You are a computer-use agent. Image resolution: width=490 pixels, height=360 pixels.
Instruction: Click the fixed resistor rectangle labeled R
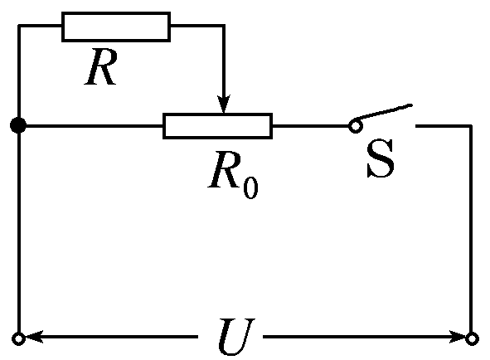pyautogui.click(x=116, y=27)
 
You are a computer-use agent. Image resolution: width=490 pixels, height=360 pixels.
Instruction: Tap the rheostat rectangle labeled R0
pyautogui.click(x=217, y=126)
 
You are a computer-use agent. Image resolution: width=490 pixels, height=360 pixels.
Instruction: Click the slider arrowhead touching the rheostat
pyautogui.click(x=222, y=105)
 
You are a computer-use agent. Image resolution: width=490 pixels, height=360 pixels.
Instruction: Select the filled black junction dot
pyautogui.click(x=18, y=126)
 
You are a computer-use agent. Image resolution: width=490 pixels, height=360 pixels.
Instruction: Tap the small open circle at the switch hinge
pyautogui.click(x=354, y=126)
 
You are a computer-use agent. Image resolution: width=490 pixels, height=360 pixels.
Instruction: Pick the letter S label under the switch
pyautogui.click(x=381, y=163)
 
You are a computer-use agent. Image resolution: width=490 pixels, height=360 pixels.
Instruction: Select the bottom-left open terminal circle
pyautogui.click(x=18, y=338)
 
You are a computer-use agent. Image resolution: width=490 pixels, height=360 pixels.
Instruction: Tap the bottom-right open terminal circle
pyautogui.click(x=472, y=338)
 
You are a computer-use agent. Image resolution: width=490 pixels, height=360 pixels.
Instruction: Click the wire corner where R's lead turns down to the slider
pyautogui.click(x=222, y=27)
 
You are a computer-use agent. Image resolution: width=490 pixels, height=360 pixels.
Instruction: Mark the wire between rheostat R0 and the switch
pyautogui.click(x=310, y=126)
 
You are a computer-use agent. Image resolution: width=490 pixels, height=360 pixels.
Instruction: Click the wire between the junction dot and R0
pyautogui.click(x=91, y=126)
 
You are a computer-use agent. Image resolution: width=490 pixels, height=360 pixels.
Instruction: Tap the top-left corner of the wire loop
pyautogui.click(x=18, y=27)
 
